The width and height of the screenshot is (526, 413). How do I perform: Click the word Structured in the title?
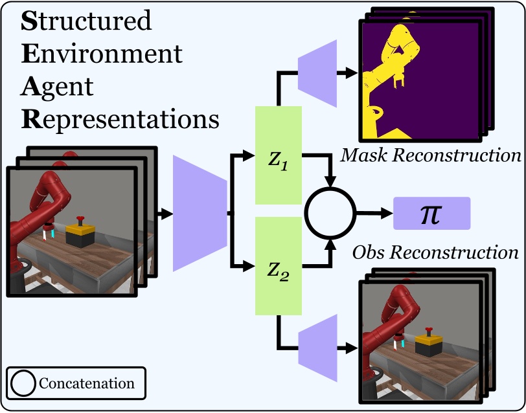(86, 21)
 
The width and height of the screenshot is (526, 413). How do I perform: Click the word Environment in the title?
(102, 54)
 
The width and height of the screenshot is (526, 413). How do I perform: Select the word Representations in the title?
(120, 120)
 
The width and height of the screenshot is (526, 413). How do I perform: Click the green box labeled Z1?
(279, 155)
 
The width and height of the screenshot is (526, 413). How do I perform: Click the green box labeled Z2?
(279, 266)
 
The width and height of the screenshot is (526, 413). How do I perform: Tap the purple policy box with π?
(431, 214)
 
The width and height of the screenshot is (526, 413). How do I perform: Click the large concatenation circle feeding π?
(330, 188)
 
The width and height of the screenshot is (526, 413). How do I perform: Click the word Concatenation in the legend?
(87, 383)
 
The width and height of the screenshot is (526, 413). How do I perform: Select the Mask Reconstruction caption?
(431, 155)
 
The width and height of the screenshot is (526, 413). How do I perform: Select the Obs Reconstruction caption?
(435, 252)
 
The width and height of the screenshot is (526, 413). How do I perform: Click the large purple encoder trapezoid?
(200, 213)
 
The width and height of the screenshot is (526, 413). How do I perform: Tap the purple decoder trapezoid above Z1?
(317, 73)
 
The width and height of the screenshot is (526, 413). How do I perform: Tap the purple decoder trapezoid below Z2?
(317, 348)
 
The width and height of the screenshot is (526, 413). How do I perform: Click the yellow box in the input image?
(80, 230)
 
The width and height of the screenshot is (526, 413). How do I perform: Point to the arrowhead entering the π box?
(387, 213)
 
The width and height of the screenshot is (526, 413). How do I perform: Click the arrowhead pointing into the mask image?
(352, 73)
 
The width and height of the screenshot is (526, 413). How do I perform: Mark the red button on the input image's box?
(80, 220)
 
